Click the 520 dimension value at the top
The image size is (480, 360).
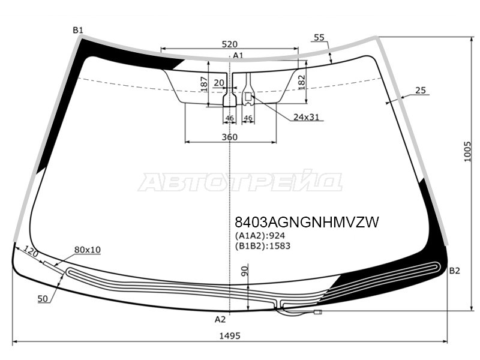229,44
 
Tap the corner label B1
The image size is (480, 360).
78,30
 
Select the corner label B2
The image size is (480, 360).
455,271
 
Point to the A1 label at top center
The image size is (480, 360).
238,55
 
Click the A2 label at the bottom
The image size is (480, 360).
220,319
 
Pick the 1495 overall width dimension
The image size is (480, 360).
230,336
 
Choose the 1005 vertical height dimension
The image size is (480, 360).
467,152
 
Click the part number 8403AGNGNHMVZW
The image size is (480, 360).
307,222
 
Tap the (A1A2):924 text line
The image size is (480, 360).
260,235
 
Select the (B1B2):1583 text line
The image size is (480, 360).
262,246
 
